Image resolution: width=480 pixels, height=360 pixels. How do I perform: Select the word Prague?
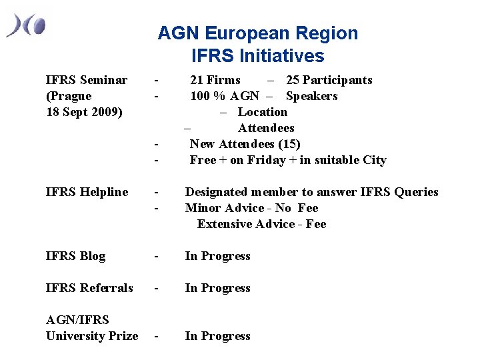(x=71, y=96)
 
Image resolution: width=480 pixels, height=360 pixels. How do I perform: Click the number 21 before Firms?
(x=197, y=80)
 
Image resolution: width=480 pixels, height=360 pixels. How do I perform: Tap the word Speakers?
(x=311, y=96)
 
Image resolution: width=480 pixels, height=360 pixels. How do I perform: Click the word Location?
(x=263, y=112)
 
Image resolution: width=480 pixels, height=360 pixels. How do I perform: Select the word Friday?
(x=265, y=160)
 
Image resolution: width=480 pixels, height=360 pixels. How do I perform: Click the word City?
(x=373, y=160)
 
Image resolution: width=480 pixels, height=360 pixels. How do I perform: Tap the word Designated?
(x=217, y=192)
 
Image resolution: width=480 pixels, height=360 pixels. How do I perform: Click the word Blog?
(x=92, y=256)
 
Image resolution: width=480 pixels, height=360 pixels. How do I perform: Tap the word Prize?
(x=122, y=336)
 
